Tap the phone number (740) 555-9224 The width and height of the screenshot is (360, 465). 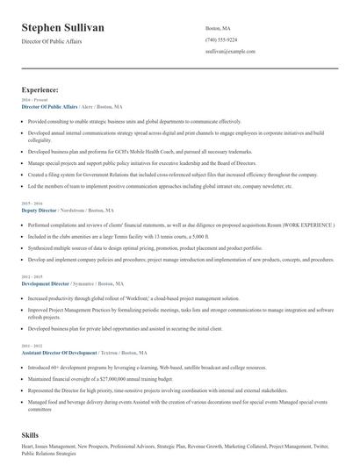tap(220, 40)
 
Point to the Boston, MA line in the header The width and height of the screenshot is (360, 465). tap(218, 27)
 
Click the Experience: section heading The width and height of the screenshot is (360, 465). tap(40, 89)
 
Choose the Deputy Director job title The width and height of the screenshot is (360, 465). tap(39, 211)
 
